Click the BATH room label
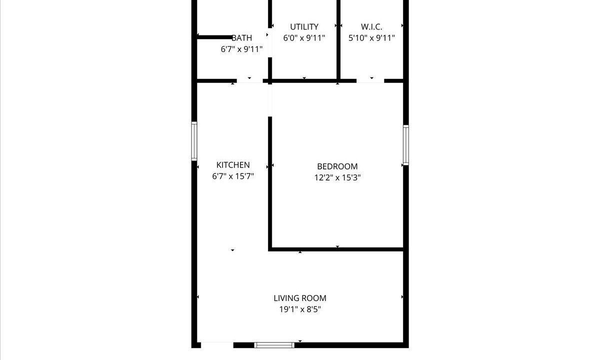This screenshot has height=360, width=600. tap(241, 38)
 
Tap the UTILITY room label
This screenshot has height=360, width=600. tap(304, 27)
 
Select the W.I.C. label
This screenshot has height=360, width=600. tap(371, 27)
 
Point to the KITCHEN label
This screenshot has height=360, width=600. tap(233, 164)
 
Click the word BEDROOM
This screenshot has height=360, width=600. tap(337, 166)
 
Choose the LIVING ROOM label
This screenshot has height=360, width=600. tap(300, 298)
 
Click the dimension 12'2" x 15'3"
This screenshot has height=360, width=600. tap(337, 177)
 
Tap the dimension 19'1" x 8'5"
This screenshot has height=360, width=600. tap(300, 309)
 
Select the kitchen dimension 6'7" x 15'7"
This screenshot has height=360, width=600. tap(233, 176)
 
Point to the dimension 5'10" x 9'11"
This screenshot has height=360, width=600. tap(371, 38)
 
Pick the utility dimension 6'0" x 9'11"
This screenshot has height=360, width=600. tap(304, 38)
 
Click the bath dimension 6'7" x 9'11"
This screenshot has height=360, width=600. tap(241, 49)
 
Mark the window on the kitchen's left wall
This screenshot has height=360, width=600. tap(194, 141)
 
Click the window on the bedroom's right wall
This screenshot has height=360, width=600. tap(406, 145)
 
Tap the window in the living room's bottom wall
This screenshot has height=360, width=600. tap(274, 345)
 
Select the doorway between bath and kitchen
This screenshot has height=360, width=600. tap(249, 81)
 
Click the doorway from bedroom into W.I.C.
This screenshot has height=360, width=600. tap(370, 81)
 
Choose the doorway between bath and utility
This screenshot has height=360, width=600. tap(270, 42)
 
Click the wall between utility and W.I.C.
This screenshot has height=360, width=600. tap(338, 39)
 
